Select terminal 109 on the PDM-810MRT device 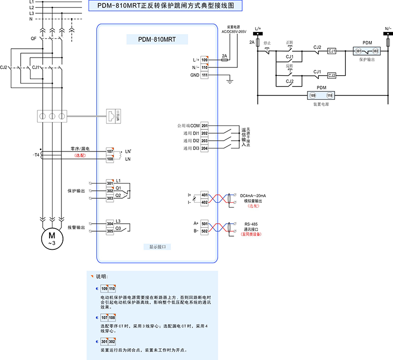204,60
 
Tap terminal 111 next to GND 204,75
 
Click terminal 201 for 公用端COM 204,125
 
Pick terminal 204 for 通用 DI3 204,148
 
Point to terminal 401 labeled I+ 204,195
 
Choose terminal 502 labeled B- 204,231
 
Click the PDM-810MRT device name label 157,39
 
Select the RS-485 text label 252,223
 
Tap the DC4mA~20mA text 253,195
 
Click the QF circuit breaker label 33,38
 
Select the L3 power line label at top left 31,13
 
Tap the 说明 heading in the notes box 101,277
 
